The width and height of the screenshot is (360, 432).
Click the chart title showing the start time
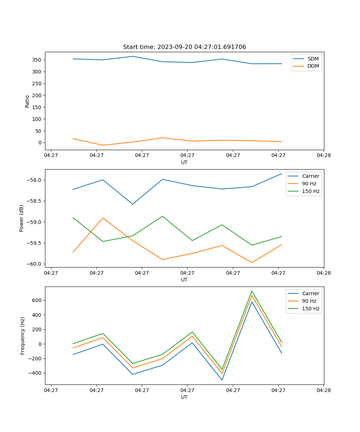[184, 47]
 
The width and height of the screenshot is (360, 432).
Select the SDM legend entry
[313, 59]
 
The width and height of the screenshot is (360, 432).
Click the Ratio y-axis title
[27, 101]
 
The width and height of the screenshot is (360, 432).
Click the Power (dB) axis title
[22, 218]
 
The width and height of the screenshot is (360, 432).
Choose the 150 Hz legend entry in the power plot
[310, 191]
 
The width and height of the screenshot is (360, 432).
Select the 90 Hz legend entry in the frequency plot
[309, 301]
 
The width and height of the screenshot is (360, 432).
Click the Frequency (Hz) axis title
[23, 336]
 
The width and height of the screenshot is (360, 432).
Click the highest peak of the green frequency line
[252, 291]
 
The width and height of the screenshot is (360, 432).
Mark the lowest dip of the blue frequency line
[222, 380]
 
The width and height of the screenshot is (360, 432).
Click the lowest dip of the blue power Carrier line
[132, 204]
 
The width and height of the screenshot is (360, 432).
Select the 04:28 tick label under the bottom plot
[323, 390]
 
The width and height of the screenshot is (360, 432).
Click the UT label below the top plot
[184, 162]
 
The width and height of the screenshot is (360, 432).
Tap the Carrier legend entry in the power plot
[310, 176]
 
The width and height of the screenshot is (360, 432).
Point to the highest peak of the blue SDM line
[132, 56]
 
